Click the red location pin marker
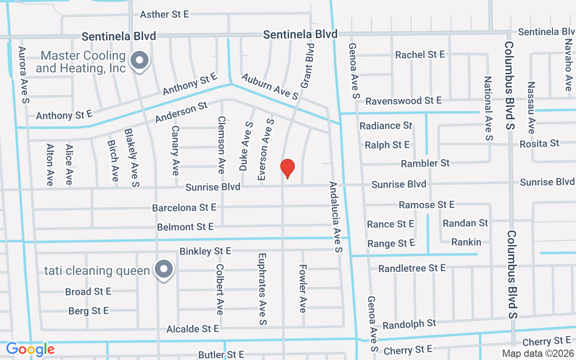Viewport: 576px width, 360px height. (288, 168)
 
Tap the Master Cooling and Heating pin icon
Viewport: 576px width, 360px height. (139, 60)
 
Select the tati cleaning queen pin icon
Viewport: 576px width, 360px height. (164, 270)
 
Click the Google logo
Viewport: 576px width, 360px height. (30, 349)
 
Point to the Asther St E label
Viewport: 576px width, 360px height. (164, 14)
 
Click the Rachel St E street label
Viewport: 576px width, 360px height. (420, 54)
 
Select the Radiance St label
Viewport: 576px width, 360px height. (386, 126)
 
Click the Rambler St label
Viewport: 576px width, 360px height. (425, 163)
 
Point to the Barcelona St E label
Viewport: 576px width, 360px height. (184, 208)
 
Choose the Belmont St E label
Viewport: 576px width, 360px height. (185, 227)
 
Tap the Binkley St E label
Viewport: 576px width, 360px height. (205, 251)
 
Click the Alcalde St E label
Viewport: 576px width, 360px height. (193, 329)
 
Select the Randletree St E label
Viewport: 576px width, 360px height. (412, 268)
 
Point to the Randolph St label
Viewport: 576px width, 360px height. (409, 324)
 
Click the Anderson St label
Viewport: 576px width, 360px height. (181, 112)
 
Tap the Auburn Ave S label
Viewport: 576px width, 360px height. (270, 86)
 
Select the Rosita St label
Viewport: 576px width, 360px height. (539, 144)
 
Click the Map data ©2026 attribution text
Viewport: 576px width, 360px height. (538, 354)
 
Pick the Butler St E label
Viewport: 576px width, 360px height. (221, 355)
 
